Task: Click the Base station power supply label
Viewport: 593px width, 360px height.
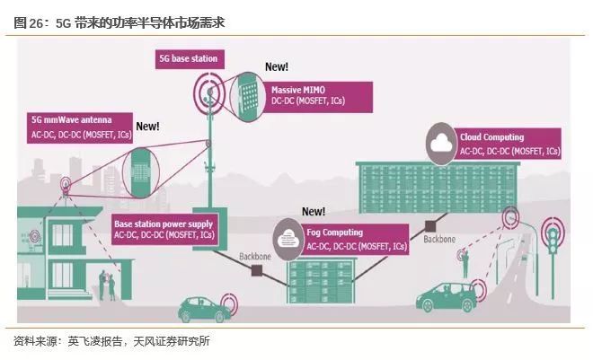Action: click(x=165, y=229)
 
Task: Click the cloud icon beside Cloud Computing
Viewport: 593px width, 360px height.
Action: click(x=441, y=145)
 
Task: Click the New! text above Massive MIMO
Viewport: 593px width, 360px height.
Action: click(x=277, y=67)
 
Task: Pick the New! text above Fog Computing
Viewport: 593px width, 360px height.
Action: click(x=313, y=212)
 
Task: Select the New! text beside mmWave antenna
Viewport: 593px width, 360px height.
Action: click(x=146, y=127)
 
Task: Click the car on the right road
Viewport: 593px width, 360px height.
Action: click(x=447, y=296)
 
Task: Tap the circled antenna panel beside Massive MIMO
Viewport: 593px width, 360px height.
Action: click(x=247, y=93)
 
